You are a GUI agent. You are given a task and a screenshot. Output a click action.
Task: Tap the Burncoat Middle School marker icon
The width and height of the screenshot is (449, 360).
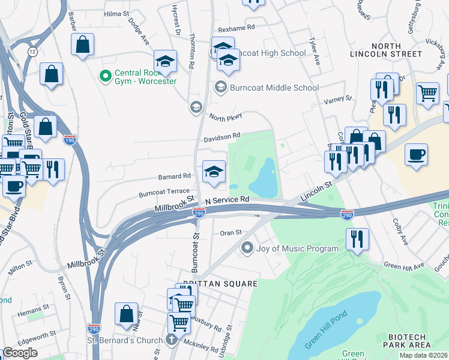point(220,88)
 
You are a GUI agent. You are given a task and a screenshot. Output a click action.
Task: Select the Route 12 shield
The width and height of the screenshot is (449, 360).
point(32,52)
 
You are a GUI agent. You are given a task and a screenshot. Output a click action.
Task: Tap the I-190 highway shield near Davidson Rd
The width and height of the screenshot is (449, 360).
point(69,139)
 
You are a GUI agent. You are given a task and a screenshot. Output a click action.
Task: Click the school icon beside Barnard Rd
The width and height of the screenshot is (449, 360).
point(214,172)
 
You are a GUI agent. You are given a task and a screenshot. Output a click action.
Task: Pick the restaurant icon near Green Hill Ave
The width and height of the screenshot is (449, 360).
point(358,239)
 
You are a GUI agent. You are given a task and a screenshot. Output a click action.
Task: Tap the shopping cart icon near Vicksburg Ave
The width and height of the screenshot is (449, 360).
point(427,93)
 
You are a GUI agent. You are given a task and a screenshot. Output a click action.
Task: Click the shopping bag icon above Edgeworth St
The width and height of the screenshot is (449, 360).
point(126,313)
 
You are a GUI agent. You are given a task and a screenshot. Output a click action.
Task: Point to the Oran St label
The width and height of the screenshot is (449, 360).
point(230,232)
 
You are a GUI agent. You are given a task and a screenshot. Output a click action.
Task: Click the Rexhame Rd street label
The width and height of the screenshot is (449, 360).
point(237,27)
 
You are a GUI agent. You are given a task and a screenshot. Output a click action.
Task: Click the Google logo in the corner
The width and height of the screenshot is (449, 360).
point(20,353)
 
